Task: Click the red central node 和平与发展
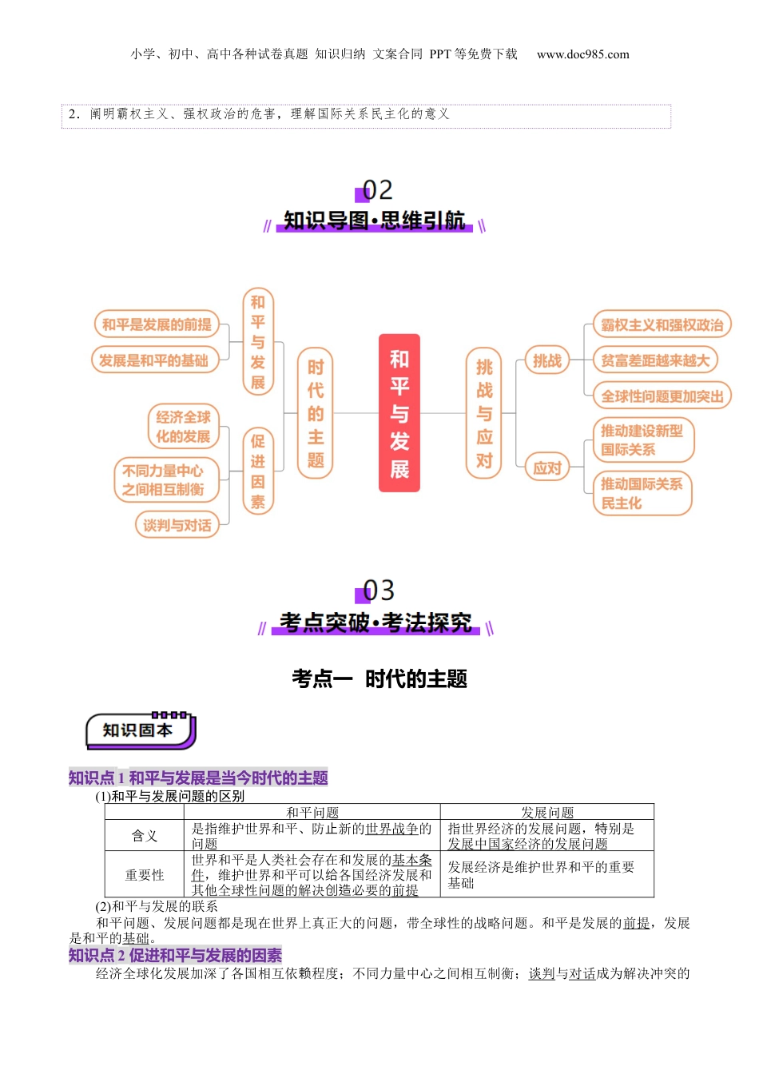(399, 413)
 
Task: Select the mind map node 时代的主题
(315, 413)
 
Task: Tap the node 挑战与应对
(484, 413)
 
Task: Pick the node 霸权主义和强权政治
(662, 324)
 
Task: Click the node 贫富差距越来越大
(655, 360)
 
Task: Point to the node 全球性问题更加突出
(662, 396)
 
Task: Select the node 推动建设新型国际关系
(642, 440)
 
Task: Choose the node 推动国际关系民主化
(642, 493)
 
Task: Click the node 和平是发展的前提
(157, 324)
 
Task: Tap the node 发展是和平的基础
(153, 360)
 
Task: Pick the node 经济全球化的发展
(183, 427)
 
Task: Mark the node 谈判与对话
(177, 525)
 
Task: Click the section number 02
(377, 190)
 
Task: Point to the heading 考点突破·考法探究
(376, 623)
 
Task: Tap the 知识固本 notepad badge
(140, 730)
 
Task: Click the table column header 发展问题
(547, 812)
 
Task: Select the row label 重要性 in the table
(145, 875)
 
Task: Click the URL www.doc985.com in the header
(582, 54)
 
